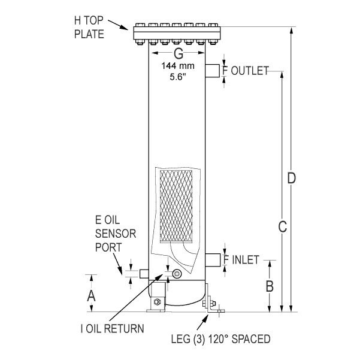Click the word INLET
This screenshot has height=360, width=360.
[244, 260]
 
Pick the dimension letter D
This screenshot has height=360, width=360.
[292, 178]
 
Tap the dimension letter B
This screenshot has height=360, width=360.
[270, 285]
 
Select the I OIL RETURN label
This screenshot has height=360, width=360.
[112, 328]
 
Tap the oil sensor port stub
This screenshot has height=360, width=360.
[144, 273]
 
